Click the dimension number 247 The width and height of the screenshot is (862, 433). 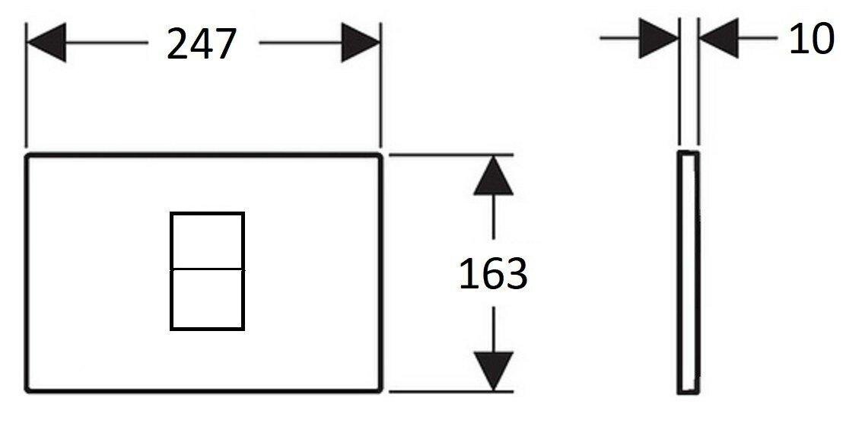point(201,44)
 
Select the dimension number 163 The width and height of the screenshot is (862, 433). point(493,274)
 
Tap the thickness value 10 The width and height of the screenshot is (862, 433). point(811,39)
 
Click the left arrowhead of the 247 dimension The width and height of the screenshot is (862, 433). point(46,43)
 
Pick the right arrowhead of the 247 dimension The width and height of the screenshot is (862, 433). point(361,43)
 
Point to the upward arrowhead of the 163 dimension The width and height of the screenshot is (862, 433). point(493,176)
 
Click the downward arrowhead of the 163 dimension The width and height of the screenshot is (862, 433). point(493,371)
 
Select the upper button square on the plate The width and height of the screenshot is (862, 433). point(207,240)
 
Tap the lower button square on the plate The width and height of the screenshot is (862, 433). point(207,299)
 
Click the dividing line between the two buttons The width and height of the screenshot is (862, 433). point(207,269)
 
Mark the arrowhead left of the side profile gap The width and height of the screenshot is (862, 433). point(659,38)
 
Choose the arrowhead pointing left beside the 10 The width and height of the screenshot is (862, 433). point(718,38)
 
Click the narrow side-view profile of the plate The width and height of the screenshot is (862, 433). point(689,272)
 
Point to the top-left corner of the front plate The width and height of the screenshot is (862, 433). point(27,156)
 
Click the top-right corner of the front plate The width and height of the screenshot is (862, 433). point(380,156)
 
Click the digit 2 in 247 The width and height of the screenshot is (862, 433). point(177,44)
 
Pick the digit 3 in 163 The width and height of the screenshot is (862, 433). point(516,274)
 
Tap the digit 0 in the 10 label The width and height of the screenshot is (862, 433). point(822,39)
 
